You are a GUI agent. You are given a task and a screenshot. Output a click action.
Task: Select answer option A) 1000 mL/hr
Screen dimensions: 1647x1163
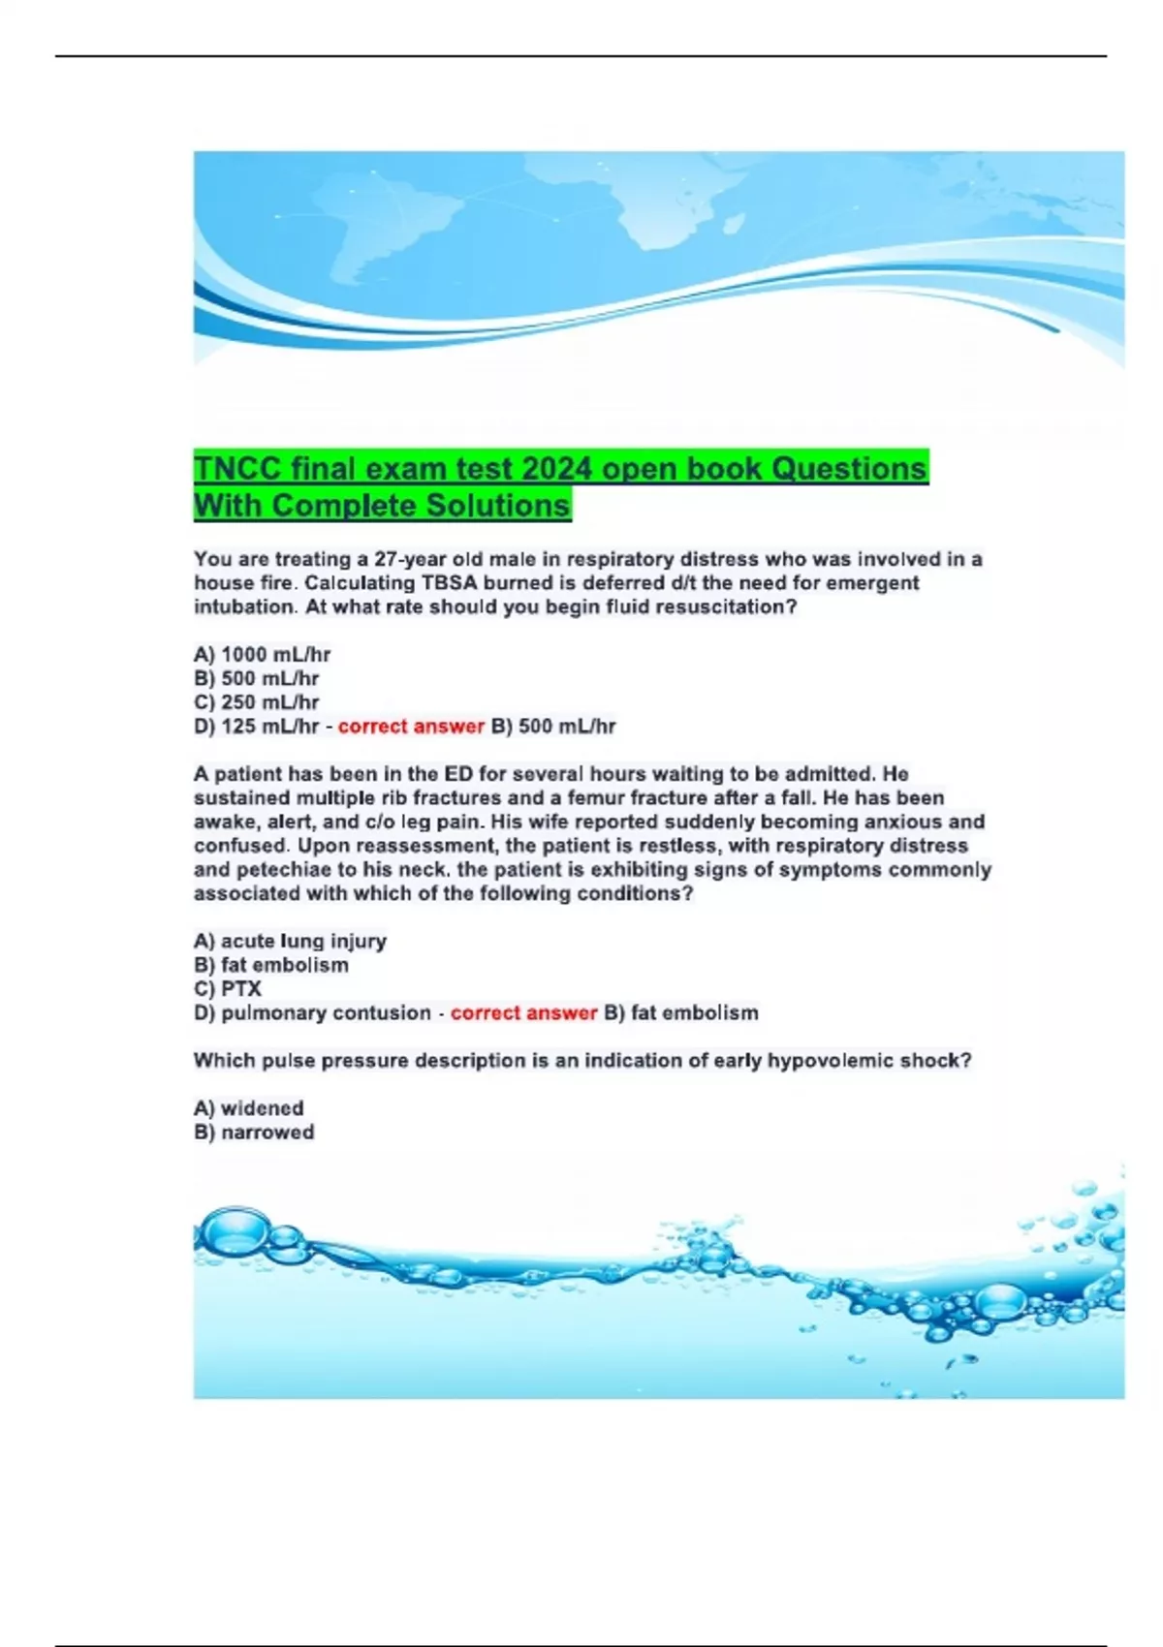click(x=262, y=655)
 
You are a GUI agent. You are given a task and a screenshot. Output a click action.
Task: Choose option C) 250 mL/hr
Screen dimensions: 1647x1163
click(x=256, y=702)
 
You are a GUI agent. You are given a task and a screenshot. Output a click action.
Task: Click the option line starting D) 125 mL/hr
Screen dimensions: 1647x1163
click(x=256, y=727)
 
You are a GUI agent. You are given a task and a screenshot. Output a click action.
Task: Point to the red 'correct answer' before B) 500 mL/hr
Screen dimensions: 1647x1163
click(x=411, y=727)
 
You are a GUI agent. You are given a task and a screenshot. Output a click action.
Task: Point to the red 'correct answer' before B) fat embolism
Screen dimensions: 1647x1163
click(x=523, y=1013)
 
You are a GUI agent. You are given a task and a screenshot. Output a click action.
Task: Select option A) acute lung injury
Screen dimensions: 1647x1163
click(x=290, y=941)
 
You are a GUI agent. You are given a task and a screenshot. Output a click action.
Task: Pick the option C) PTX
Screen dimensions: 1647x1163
click(x=228, y=989)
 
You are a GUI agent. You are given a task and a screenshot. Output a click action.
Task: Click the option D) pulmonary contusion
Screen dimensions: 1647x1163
click(x=312, y=1013)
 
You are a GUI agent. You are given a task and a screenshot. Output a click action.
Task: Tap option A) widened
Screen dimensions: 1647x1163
click(x=249, y=1108)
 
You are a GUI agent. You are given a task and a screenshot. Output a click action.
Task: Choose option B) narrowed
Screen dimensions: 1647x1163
click(x=254, y=1133)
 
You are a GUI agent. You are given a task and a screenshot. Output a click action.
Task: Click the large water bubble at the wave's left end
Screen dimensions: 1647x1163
click(x=226, y=1228)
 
